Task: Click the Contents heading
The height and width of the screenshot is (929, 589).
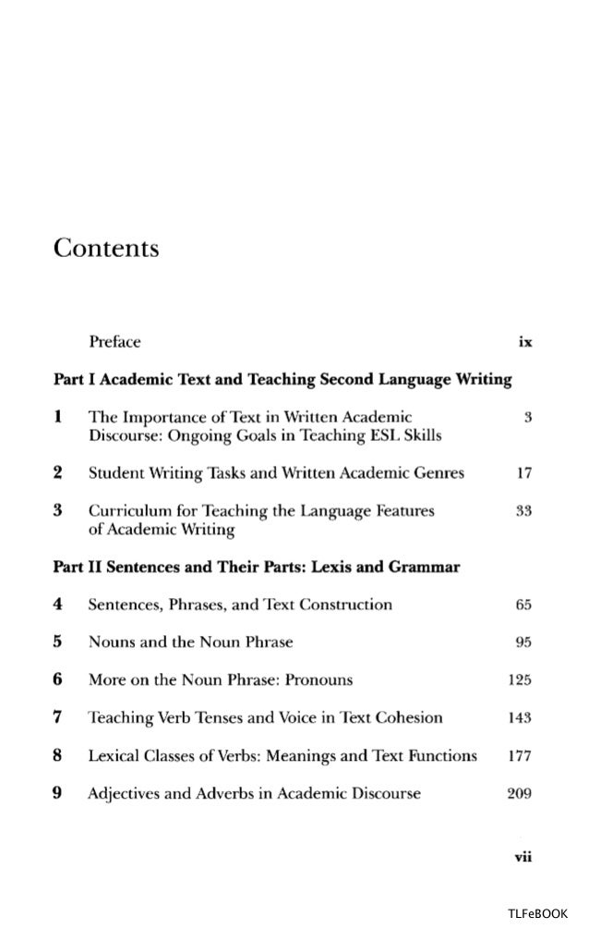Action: (106, 250)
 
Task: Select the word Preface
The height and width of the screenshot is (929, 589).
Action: (114, 342)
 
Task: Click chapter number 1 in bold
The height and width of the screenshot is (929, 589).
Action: (57, 418)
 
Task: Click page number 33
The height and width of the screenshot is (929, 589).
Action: (523, 510)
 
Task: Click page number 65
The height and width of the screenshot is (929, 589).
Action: (523, 605)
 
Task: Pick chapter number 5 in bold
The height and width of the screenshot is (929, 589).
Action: (57, 642)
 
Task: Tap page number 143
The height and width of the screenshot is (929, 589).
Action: (521, 717)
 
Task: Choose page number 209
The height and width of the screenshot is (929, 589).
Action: (521, 792)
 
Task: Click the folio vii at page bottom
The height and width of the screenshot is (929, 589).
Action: (522, 855)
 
